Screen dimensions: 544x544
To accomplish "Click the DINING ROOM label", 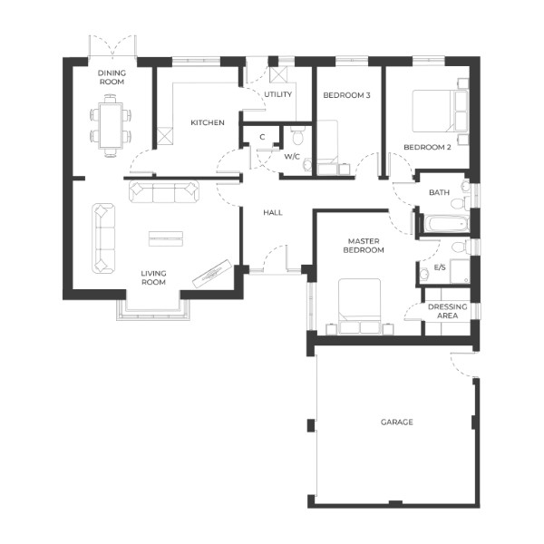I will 112,77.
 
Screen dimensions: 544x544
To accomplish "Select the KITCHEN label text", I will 207,122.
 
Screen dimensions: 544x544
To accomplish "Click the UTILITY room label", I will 277,94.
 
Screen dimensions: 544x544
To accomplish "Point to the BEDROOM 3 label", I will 346,95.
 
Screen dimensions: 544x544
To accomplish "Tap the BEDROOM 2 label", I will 427,147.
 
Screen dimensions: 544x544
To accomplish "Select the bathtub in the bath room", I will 444,223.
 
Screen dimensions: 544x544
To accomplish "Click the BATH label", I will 439,192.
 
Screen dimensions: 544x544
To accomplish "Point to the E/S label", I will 440,267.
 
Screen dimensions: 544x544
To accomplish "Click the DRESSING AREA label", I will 447,312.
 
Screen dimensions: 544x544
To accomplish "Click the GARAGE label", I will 396,423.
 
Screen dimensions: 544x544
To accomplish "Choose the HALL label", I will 273,212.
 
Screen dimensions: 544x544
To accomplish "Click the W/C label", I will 292,156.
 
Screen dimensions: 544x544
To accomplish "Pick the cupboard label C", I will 261,137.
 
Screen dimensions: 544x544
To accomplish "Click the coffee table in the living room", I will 166,238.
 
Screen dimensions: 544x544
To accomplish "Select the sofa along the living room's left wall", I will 102,238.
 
